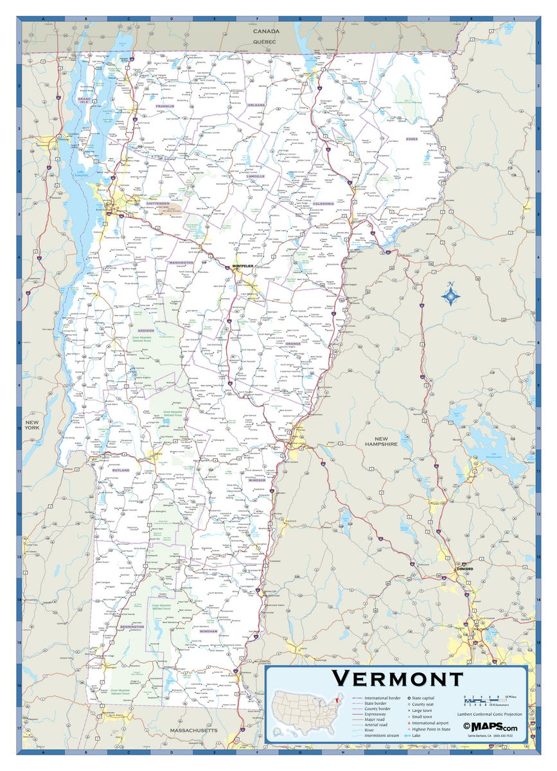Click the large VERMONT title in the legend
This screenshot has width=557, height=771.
coord(398,678)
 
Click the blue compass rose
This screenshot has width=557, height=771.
coord(452,295)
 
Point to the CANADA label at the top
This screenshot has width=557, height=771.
coord(265,31)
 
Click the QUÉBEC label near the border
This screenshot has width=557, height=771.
coord(264,41)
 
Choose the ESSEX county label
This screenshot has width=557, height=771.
coord(412,138)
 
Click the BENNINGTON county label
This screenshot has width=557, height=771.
coord(132,626)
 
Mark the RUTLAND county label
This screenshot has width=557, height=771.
coord(121,470)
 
